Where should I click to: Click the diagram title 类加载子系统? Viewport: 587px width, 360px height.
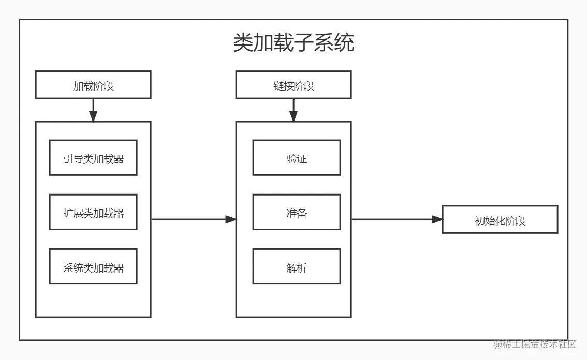[293, 43]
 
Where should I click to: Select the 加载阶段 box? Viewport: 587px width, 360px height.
[93, 85]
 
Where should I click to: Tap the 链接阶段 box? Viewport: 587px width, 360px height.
[293, 85]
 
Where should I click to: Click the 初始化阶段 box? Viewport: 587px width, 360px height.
[500, 220]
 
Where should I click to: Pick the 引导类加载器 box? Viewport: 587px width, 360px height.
[93, 158]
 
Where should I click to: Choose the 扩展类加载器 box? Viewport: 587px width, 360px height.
[93, 212]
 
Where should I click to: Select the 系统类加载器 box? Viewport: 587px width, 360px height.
[93, 267]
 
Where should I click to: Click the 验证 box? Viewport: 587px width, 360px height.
[297, 158]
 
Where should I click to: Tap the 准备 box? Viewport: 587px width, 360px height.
[297, 212]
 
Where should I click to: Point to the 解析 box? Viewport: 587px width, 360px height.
[297, 267]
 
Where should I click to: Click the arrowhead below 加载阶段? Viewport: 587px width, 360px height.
[93, 117]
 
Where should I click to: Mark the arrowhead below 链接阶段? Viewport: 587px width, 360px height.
[293, 117]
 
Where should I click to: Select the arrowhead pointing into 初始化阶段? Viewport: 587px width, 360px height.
[437, 219]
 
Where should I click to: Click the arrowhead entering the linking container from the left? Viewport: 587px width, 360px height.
[231, 219]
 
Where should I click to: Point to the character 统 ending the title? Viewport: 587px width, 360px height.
[344, 43]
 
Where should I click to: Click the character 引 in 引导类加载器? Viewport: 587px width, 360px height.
[68, 158]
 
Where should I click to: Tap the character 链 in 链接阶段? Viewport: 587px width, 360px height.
[278, 86]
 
